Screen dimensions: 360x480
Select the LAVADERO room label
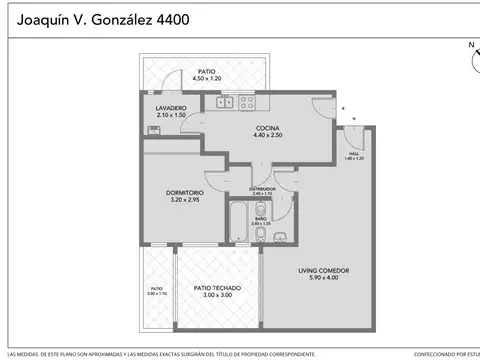click(x=171, y=108)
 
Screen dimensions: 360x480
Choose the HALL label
click(x=354, y=153)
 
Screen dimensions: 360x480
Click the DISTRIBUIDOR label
click(x=262, y=188)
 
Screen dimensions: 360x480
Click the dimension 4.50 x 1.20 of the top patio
click(x=207, y=79)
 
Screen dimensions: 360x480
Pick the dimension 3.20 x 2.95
click(x=184, y=200)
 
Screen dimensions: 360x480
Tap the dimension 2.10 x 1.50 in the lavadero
click(x=171, y=116)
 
